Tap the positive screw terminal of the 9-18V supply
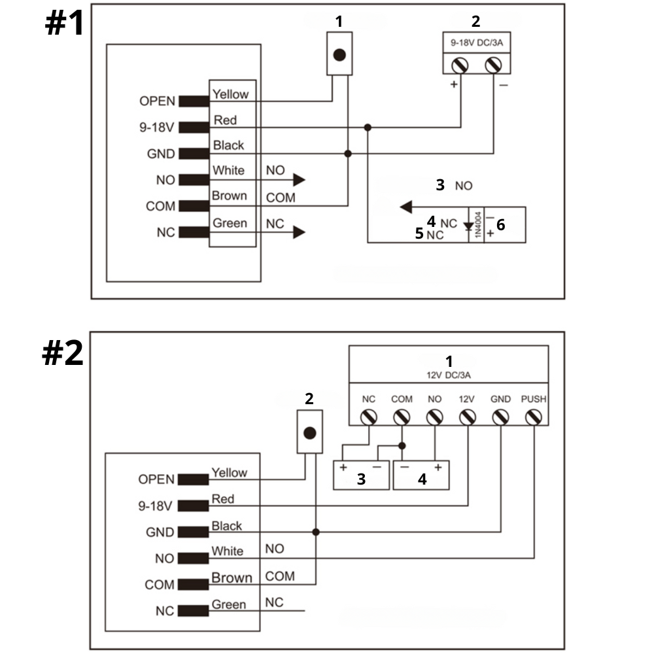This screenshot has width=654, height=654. [x=460, y=65]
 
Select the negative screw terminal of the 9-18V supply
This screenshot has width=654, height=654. [x=494, y=65]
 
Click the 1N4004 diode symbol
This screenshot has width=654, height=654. [x=468, y=226]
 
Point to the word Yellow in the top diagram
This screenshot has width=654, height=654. [x=230, y=94]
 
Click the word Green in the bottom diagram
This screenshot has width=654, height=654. [x=229, y=604]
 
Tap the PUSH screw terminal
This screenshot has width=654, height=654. [x=534, y=417]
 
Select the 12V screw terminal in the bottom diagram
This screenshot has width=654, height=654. [x=467, y=417]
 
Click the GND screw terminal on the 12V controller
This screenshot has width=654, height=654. [x=500, y=417]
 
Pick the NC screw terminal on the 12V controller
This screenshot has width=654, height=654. [x=368, y=417]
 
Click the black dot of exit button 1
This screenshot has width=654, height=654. [x=339, y=55]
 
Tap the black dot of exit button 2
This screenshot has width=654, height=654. [x=310, y=433]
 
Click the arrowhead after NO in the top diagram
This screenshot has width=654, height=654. [x=300, y=180]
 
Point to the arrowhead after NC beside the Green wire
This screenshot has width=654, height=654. [x=300, y=232]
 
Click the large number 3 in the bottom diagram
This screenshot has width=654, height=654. [x=361, y=479]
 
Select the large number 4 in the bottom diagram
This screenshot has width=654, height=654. [x=422, y=479]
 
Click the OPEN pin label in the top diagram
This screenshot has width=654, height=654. [x=157, y=101]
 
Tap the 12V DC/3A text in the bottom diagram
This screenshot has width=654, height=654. [x=449, y=375]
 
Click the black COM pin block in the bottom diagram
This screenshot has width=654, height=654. [x=189, y=585]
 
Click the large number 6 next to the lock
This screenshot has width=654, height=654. [x=501, y=224]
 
